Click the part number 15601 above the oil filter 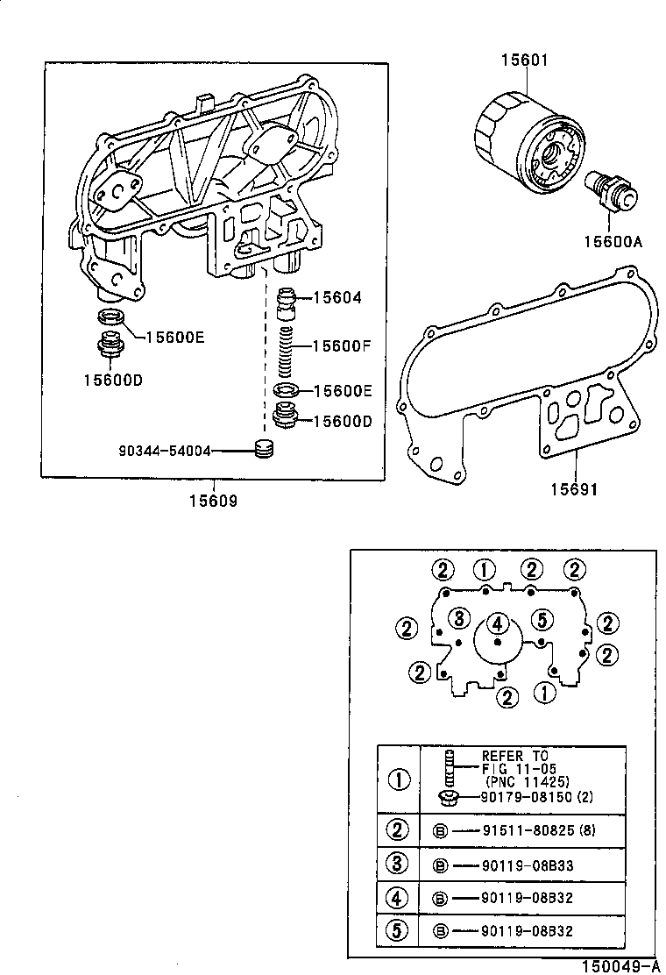pos(524,60)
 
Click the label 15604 pos(337,298)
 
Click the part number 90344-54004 pos(165,451)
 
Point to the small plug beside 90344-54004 pos(263,449)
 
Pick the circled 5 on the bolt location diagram pos(542,619)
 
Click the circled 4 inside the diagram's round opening pos(497,623)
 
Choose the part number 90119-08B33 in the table pos(527,865)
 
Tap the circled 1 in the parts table pos(399,779)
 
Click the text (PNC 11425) pos(527,780)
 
